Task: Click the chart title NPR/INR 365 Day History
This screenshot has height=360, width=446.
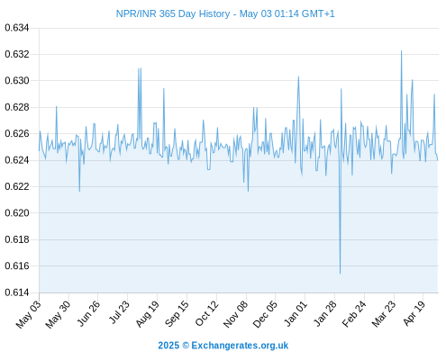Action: [x=173, y=13]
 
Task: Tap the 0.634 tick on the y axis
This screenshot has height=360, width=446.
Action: [x=17, y=28]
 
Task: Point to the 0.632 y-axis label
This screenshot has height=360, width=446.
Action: [x=17, y=54]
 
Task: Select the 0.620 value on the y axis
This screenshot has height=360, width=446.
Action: [x=17, y=213]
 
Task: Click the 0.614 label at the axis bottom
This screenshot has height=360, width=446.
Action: [x=17, y=292]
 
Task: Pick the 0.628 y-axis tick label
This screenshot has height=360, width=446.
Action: [x=17, y=107]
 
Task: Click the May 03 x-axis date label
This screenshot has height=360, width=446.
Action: [x=28, y=314]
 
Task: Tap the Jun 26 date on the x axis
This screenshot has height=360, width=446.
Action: [x=88, y=313]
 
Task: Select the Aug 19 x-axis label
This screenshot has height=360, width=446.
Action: [x=147, y=314]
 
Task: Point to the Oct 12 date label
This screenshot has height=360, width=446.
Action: [x=206, y=313]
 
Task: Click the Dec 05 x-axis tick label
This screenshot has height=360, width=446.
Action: [x=265, y=314]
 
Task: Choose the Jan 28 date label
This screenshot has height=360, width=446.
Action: [x=324, y=313]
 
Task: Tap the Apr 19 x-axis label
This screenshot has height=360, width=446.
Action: [x=414, y=313]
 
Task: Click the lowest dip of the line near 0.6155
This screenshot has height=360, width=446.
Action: [x=340, y=274]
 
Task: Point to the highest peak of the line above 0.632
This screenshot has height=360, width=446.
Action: [x=401, y=50]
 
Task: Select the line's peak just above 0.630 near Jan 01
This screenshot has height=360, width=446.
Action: [x=298, y=76]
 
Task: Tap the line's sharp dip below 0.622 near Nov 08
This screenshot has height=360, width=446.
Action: [x=248, y=191]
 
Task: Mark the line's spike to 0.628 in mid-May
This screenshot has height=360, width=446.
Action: [x=56, y=106]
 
